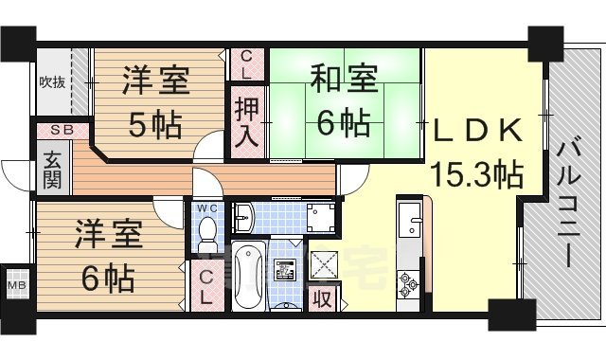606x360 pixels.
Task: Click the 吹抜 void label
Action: click(51, 81)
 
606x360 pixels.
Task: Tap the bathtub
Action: click(247, 276)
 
